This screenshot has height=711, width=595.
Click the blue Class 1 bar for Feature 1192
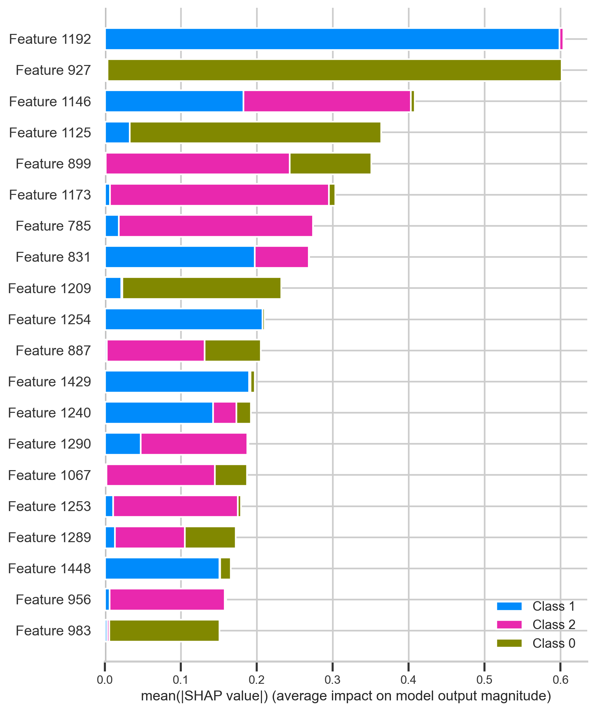click(x=332, y=39)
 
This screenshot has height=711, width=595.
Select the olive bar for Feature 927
click(x=334, y=70)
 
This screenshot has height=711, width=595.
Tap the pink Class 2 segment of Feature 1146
click(x=327, y=101)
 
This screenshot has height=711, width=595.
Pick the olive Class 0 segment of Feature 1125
click(x=255, y=132)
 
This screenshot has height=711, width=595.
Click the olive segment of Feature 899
click(x=330, y=164)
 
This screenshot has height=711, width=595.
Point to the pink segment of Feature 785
click(x=216, y=226)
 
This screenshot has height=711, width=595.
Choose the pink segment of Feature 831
click(x=281, y=257)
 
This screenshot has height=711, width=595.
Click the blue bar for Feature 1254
click(x=184, y=319)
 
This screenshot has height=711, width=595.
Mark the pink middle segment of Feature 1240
click(x=225, y=413)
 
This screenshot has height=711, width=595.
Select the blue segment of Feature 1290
click(x=123, y=444)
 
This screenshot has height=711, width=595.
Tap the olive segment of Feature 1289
click(x=210, y=537)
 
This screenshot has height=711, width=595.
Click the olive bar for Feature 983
click(x=164, y=630)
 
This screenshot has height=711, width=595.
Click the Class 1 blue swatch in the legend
click(x=509, y=606)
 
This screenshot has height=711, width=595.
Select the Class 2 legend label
click(x=554, y=624)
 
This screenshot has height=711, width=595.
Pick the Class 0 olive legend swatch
click(x=509, y=643)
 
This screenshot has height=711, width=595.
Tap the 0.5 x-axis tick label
click(x=484, y=679)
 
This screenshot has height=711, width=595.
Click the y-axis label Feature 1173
click(x=50, y=195)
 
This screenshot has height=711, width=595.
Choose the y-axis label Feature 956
click(x=53, y=599)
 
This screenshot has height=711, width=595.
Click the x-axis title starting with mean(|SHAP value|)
click(x=346, y=695)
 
